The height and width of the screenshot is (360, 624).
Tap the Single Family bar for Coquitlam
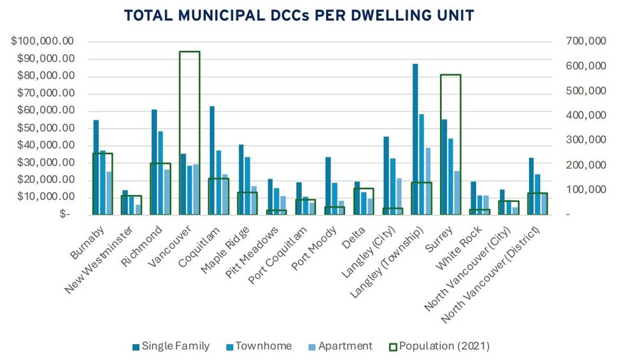click(212, 160)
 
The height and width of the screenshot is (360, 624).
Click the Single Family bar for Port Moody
click(328, 185)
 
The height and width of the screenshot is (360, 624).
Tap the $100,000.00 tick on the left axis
click(43, 41)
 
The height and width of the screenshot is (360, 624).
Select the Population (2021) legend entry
click(439, 346)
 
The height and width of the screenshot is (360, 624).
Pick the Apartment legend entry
click(341, 346)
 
